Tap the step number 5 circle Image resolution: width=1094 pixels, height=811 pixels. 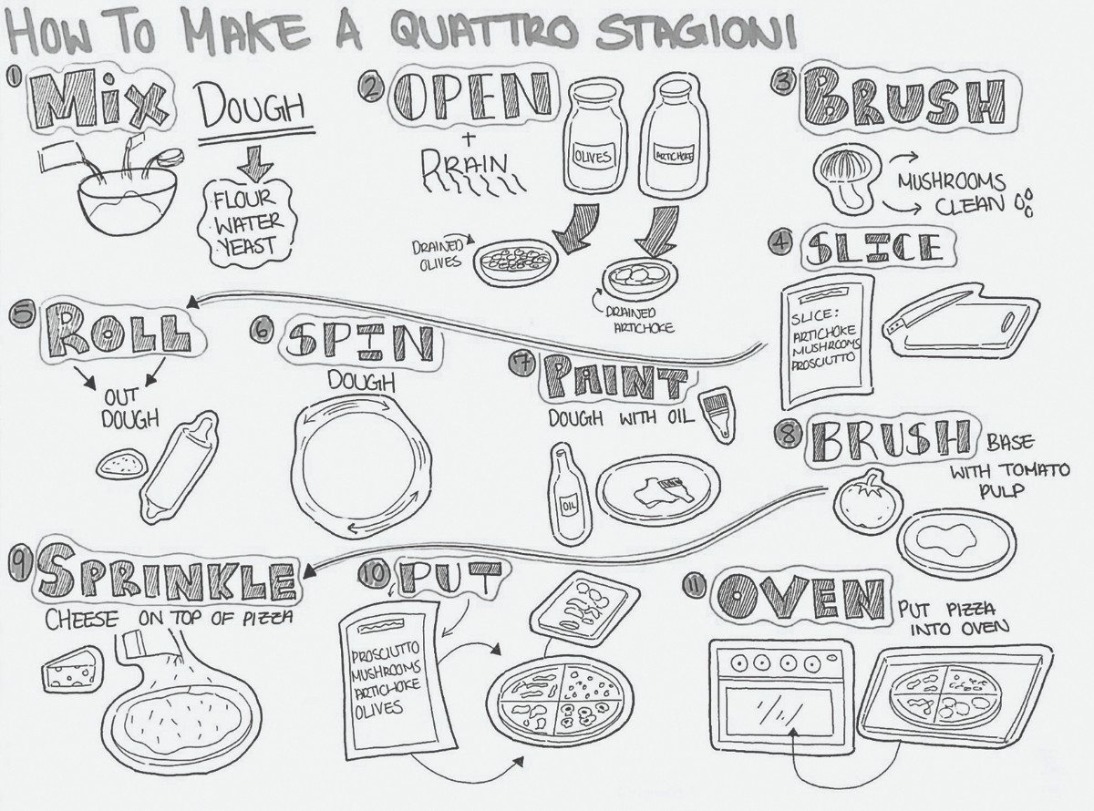(x=19, y=314)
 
